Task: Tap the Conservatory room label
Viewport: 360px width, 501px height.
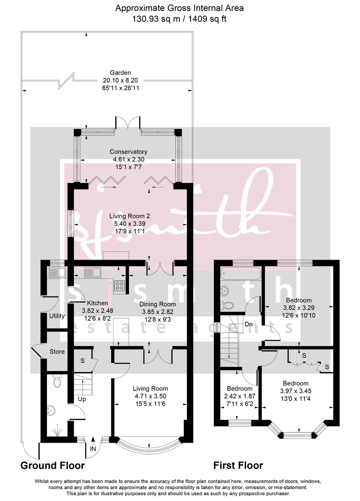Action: (128, 152)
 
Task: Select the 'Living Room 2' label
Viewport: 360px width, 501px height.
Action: (130, 216)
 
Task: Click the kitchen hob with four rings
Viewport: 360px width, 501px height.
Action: (119, 286)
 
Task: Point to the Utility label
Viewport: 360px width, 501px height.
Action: (57, 316)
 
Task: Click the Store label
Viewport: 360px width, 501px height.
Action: (57, 352)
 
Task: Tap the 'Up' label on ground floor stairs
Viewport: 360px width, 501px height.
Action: (82, 399)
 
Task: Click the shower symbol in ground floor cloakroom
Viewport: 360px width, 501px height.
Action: (56, 430)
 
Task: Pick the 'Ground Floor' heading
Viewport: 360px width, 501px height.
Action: (53, 466)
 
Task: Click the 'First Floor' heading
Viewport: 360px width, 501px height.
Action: (238, 466)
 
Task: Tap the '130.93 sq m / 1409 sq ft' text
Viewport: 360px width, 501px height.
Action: (180, 18)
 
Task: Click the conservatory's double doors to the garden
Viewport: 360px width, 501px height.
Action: (126, 122)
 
